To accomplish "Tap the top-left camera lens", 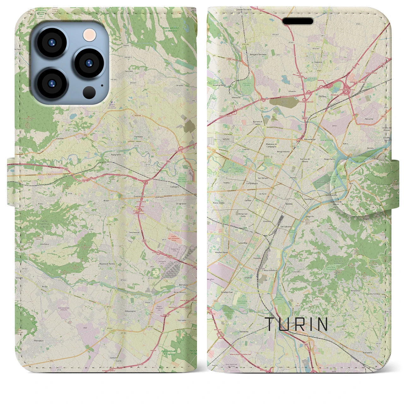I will pos(51,43).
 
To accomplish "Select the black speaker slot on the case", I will pos(298,21).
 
